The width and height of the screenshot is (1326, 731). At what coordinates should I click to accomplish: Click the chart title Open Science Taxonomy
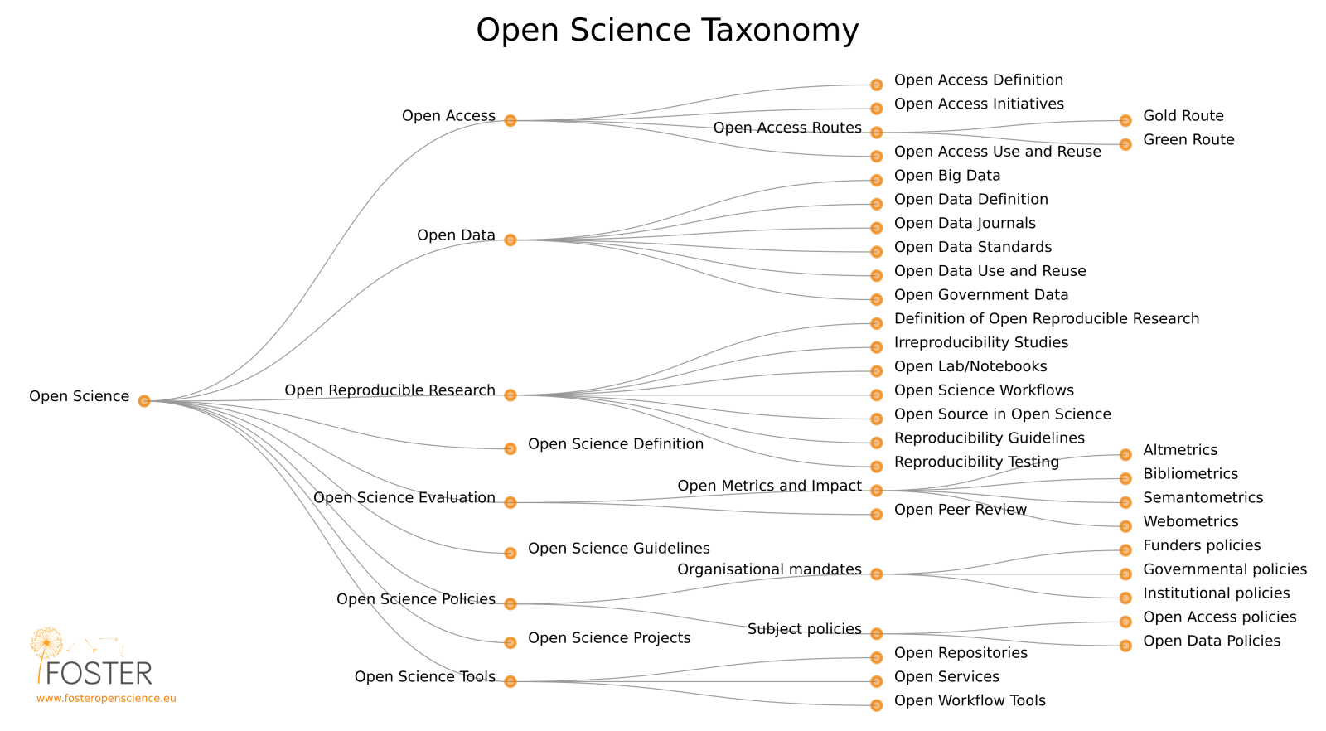667,31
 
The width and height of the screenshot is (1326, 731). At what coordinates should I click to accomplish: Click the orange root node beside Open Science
144,401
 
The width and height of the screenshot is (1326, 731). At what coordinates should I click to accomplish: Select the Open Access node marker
511,121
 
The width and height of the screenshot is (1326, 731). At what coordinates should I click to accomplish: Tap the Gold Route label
1183,116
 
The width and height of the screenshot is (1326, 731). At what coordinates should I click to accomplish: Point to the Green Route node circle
1125,145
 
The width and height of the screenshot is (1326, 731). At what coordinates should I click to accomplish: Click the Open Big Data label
947,176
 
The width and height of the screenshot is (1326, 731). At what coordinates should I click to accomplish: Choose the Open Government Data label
981,295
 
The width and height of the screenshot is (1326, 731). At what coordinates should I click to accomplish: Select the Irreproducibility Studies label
981,343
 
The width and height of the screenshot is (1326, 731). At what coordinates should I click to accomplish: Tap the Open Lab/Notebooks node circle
877,371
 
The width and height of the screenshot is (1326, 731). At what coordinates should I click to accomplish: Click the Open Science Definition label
616,444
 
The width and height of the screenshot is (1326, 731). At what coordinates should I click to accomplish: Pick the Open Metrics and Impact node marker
877,491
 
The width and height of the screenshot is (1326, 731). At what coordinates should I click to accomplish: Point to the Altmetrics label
1180,450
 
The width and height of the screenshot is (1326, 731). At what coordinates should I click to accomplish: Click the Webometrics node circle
1125,526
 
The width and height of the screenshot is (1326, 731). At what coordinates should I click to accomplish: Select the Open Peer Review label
961,510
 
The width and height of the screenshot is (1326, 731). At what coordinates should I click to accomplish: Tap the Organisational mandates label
769,569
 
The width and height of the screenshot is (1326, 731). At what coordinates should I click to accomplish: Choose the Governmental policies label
1225,569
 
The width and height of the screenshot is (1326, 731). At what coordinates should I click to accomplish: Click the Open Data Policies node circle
1125,646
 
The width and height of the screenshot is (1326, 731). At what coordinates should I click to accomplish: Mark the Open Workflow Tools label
970,701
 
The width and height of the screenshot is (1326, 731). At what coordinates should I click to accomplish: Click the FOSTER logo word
99,673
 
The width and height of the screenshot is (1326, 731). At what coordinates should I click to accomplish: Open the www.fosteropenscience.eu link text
106,699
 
